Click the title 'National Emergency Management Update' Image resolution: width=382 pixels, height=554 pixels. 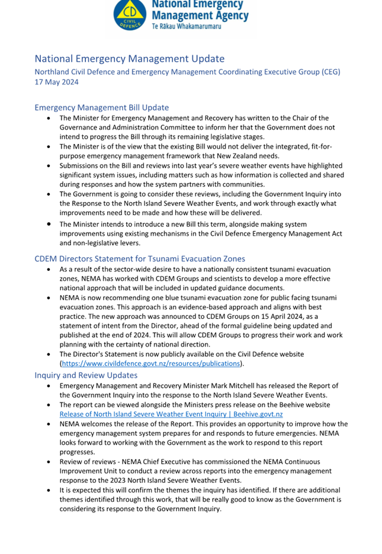[x=129, y=59]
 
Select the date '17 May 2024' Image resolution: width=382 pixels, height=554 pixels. [x=56, y=82]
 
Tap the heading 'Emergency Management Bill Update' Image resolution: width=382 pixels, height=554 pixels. [x=101, y=107]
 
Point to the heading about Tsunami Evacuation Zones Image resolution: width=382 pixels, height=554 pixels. [x=139, y=258]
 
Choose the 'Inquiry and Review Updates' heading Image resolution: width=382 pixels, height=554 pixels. [x=86, y=375]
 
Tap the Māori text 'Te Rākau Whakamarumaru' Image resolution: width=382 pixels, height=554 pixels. [x=190, y=27]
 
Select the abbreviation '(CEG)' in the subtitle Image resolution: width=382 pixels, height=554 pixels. [x=330, y=72]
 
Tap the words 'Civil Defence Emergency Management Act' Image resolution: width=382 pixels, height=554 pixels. [x=274, y=233]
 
